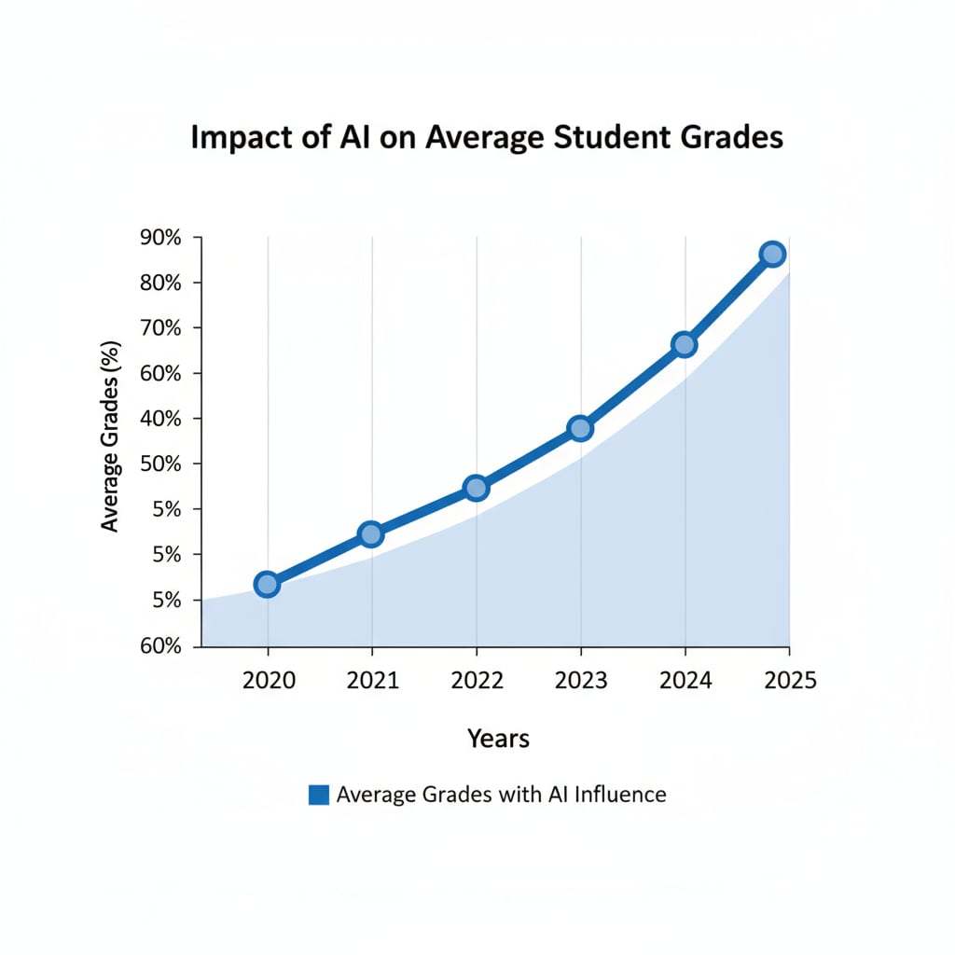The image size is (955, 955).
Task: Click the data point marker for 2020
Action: pos(267,585)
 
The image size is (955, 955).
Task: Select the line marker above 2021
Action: pos(370,534)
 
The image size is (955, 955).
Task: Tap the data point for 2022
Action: pos(476,488)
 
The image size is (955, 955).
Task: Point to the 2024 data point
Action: pos(684,344)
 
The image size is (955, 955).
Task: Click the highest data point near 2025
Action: pos(772,254)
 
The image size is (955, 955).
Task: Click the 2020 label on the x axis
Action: pos(269,681)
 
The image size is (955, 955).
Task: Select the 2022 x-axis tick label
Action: pos(477,681)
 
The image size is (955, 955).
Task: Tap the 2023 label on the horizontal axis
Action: pos(581,681)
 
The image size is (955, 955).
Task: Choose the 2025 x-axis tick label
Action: pos(790,681)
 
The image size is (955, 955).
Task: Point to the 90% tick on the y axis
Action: pos(161,238)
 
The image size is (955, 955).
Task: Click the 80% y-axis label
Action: pos(161,283)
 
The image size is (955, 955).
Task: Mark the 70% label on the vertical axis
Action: pos(161,328)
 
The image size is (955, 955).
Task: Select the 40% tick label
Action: pos(161,419)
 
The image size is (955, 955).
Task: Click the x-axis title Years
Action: pos(498,739)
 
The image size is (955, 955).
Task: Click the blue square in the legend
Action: pos(318,795)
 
